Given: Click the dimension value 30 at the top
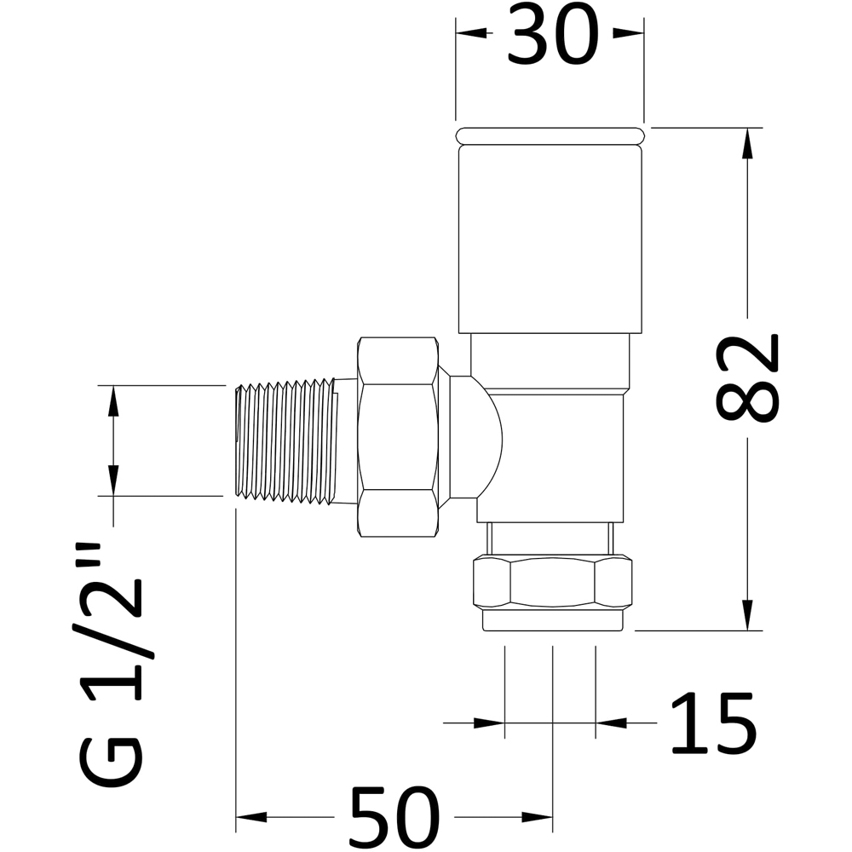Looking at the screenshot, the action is click(x=553, y=35).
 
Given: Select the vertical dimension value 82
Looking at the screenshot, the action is click(x=747, y=378).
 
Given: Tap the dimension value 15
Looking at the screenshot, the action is click(x=713, y=722).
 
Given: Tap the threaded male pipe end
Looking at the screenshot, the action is click(x=285, y=440).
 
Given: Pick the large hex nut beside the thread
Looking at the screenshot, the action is click(x=398, y=437).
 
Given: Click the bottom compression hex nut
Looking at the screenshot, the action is click(x=553, y=583).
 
